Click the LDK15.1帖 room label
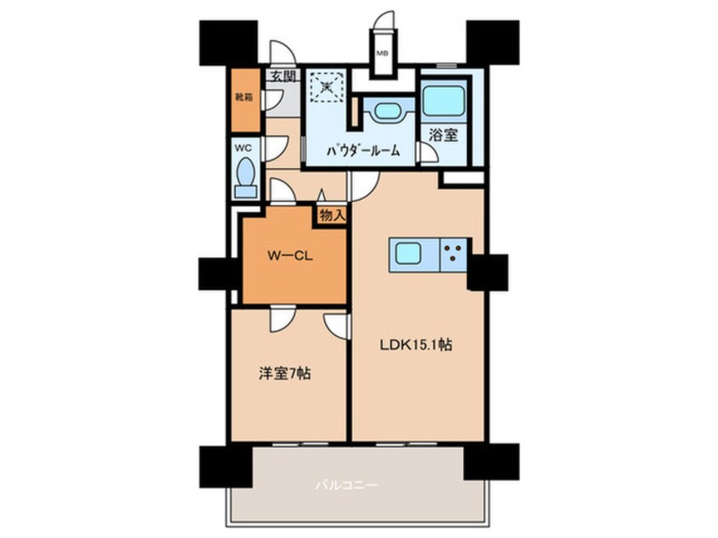(416, 345)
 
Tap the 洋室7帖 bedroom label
(285, 373)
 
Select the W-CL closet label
(290, 256)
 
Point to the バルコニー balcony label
(347, 485)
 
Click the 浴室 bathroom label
(444, 135)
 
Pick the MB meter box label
(382, 53)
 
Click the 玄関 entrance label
(282, 76)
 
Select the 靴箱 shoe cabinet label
(244, 97)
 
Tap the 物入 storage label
(332, 215)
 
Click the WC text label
(243, 148)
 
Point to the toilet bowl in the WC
(246, 177)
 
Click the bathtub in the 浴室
(444, 101)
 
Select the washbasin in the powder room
(388, 111)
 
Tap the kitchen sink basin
(408, 253)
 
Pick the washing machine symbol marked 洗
(327, 85)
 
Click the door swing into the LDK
(365, 187)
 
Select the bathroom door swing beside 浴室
(429, 153)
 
